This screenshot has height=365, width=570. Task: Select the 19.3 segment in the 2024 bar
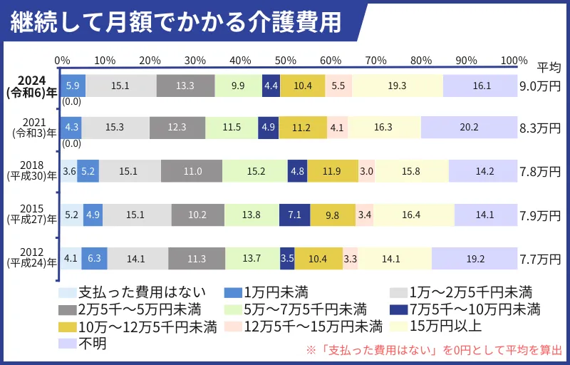[398, 86]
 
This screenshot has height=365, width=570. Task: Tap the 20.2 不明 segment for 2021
[470, 128]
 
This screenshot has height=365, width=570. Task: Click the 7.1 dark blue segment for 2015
[294, 215]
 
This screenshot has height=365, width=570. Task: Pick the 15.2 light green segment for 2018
[254, 171]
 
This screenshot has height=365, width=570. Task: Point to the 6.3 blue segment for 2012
[94, 258]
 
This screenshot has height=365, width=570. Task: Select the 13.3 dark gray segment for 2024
[185, 86]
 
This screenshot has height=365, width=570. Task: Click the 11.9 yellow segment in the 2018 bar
[332, 171]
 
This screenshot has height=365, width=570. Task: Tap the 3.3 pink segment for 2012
[350, 258]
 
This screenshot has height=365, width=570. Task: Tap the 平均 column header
[548, 68]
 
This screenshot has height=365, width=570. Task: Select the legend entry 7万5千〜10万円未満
[465, 309]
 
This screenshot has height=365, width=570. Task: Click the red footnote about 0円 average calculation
[434, 351]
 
